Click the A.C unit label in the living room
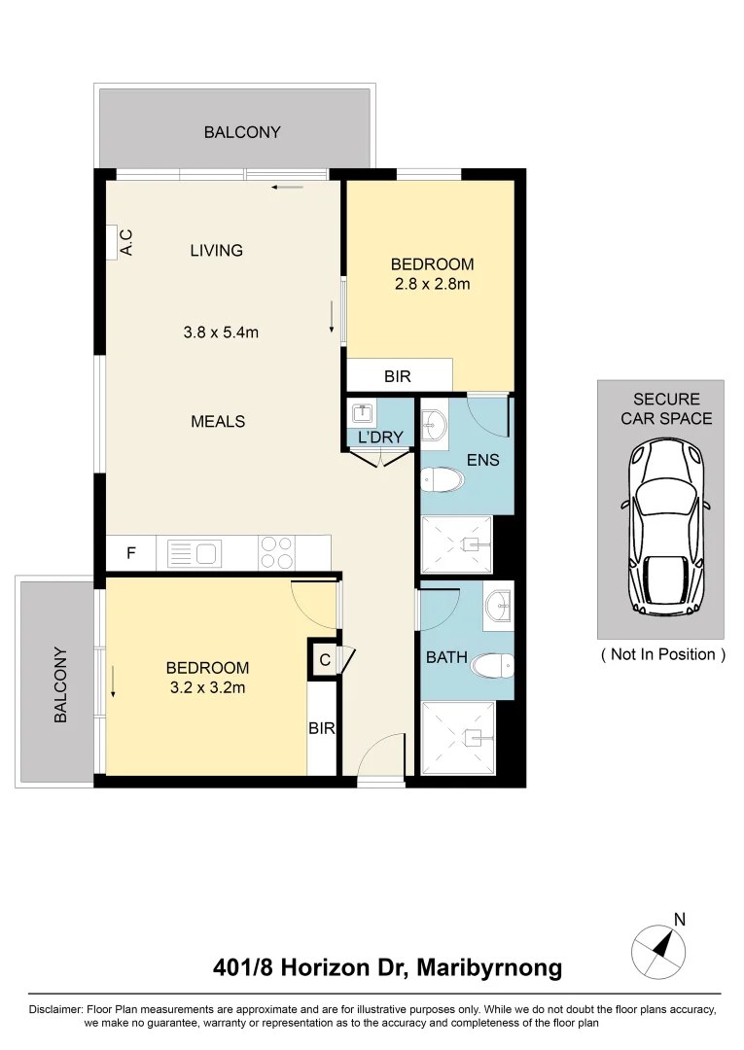click(x=125, y=243)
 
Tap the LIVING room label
click(x=216, y=251)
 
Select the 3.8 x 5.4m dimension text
click(x=221, y=332)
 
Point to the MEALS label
click(x=218, y=422)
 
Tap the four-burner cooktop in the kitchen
click(x=276, y=553)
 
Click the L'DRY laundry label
click(x=380, y=437)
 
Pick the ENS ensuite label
click(x=483, y=460)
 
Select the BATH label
click(x=446, y=658)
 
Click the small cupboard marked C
click(x=325, y=659)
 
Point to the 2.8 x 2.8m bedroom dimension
click(x=432, y=284)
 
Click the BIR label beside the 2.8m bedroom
click(x=397, y=375)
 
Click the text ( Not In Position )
click(x=662, y=654)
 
